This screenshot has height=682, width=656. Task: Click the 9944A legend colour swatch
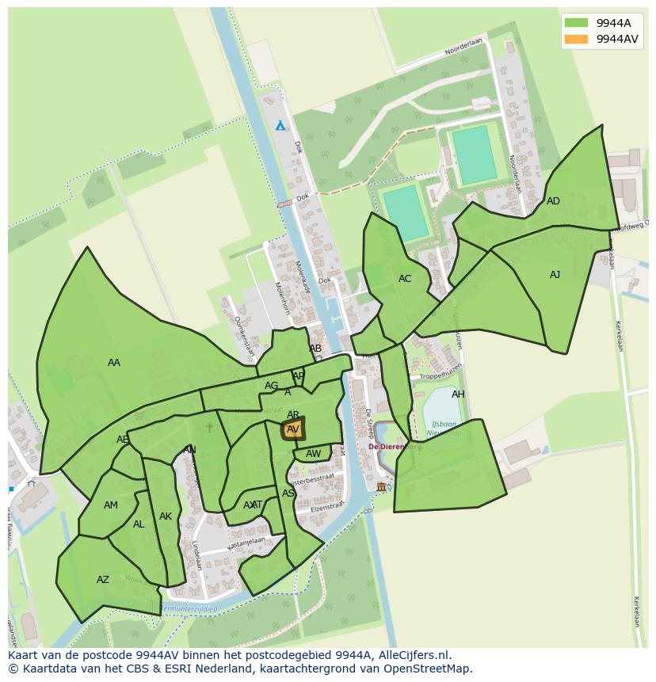576,22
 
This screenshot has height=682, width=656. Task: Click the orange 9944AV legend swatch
576,39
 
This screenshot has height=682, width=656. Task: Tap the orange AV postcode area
293,429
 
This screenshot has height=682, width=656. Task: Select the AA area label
114,363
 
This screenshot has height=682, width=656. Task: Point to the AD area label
553,201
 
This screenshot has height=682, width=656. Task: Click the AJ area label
555,275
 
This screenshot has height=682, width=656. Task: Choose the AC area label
405,279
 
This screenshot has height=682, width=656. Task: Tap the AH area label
458,394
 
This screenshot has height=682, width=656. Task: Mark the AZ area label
103,580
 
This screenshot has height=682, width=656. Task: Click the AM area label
111,505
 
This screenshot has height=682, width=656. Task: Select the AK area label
165,516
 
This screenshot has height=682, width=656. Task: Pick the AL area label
139,524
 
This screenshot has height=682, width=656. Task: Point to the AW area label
314,454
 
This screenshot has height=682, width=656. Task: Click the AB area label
315,349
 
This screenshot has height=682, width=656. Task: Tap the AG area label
272,386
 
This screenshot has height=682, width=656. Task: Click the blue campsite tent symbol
280,125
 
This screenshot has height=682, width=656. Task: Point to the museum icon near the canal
381,486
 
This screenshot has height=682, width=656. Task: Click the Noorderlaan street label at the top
463,48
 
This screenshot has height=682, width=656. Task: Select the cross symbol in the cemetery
209,428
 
